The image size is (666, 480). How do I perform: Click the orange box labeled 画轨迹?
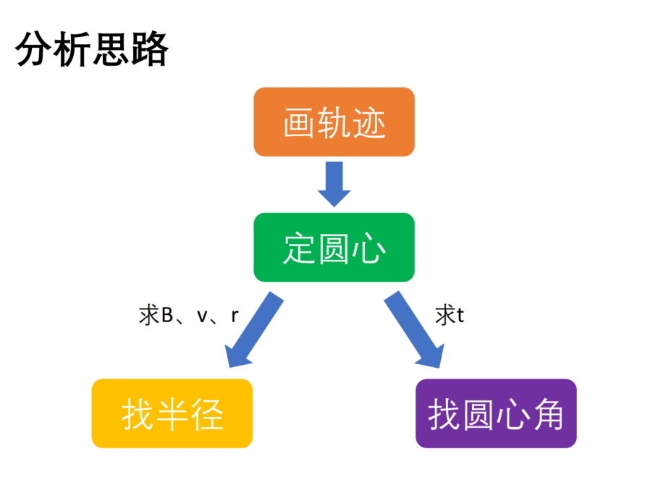pos(334,122)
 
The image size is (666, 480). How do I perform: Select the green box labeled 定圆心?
pos(334,247)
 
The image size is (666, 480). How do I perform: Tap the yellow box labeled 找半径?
pos(172,413)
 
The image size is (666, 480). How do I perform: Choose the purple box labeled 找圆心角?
pos(496,413)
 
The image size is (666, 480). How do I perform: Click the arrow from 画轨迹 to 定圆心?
pos(334,184)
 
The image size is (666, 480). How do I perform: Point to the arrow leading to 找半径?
pos(254,329)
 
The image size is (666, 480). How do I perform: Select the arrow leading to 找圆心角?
pos(414,329)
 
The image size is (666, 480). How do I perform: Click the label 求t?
pos(450,315)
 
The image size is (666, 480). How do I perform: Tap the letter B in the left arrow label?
pos(167,315)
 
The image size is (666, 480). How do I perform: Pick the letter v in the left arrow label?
pos(202,317)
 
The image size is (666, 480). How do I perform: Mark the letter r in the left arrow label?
pos(235,316)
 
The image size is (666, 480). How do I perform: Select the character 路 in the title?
pos(150,49)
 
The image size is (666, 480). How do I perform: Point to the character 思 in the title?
pos(111,49)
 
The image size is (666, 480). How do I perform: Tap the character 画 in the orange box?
pos(300,123)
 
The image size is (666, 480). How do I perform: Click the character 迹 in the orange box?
pos(369,123)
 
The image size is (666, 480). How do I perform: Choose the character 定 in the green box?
pos(300,248)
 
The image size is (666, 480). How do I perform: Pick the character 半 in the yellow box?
pos(172,415)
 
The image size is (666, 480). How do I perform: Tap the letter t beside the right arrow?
pos(460,316)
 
